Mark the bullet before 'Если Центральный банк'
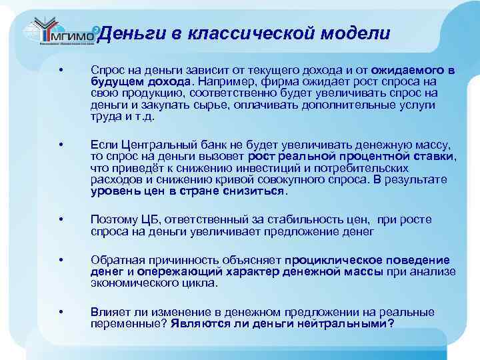[x=61, y=145]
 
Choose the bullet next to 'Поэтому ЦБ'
[x=61, y=220]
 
